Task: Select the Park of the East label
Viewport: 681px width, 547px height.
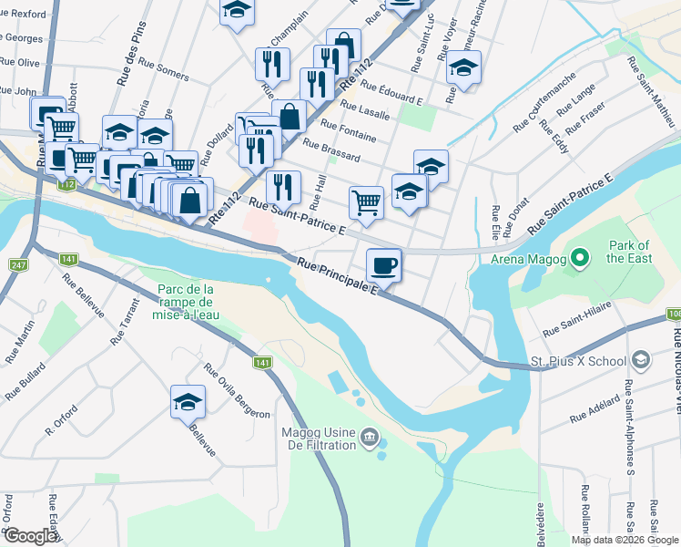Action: [x=629, y=252]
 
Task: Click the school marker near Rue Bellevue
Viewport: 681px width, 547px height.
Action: [x=188, y=401]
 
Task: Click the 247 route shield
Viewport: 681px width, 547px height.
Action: [x=17, y=265]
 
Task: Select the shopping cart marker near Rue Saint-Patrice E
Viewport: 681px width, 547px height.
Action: [x=366, y=202]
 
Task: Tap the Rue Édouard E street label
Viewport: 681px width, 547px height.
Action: [x=391, y=92]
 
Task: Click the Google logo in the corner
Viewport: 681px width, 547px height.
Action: [x=30, y=536]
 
